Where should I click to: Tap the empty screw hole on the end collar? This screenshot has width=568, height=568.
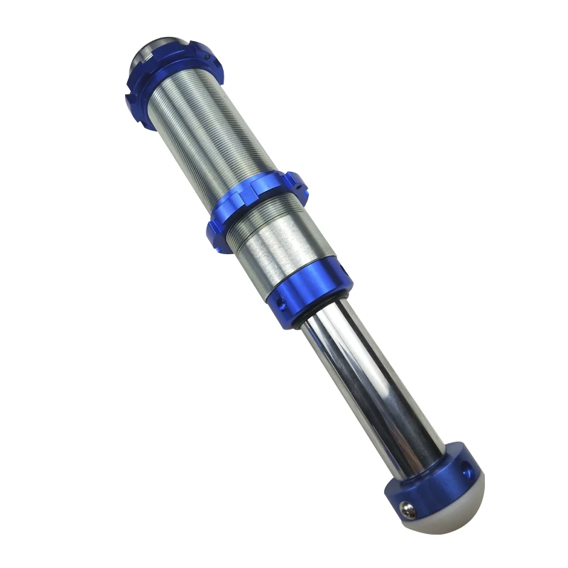tap(465, 469)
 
